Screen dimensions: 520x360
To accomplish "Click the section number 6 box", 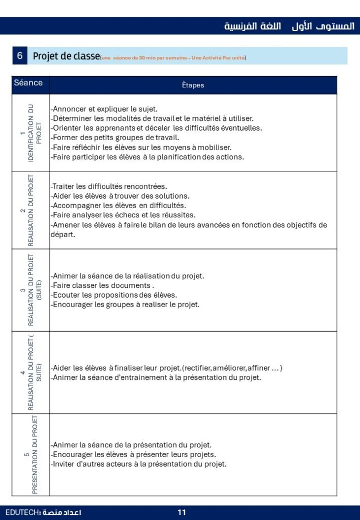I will pos(20,56).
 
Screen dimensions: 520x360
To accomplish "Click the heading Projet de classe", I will pos(66,56).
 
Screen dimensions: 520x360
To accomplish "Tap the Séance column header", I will pos(28,83).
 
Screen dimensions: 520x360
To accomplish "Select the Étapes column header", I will pos(193,85).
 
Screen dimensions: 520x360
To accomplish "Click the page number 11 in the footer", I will pos(181,512).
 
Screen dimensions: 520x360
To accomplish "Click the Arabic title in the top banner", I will pos(289,26).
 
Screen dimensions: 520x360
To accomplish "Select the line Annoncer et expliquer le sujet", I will pos(104,109).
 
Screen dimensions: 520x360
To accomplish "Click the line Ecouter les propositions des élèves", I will pos(114,295).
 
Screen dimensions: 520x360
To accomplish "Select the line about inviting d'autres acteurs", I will pos(139,464).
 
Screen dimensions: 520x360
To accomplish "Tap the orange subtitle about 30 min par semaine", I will pos(173,58).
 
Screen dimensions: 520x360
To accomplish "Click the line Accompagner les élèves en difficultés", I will pos(118,205).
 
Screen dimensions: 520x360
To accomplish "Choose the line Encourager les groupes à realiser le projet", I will pos(125,305).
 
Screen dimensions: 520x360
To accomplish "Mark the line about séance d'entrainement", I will pos(156,377).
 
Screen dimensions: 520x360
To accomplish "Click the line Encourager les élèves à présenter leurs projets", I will pos(134,454).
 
